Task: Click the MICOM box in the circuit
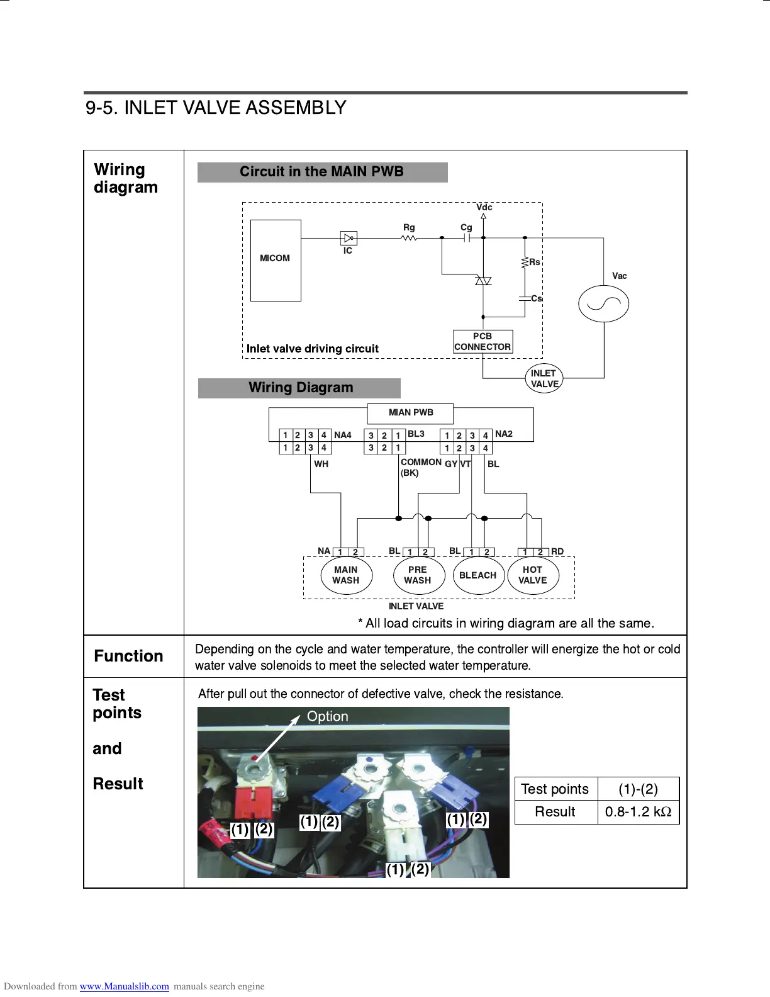[x=276, y=260]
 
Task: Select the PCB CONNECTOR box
[x=483, y=342]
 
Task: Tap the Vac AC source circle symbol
[x=603, y=304]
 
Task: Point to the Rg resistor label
[x=409, y=227]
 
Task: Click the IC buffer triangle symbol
[x=348, y=238]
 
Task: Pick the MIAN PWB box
[x=410, y=413]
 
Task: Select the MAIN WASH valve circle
[x=346, y=575]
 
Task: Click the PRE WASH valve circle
[x=417, y=575]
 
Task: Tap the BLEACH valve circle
[x=478, y=575]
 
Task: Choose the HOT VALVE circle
[x=533, y=575]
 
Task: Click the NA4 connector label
[x=343, y=435]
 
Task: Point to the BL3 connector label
[x=416, y=434]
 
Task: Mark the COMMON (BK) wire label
[x=420, y=467]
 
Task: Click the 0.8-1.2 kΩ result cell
[x=638, y=812]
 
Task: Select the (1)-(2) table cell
[x=638, y=789]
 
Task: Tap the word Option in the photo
[x=327, y=716]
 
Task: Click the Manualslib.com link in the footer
[x=124, y=986]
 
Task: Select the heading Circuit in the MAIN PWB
[x=322, y=172]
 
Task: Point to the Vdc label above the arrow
[x=484, y=207]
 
